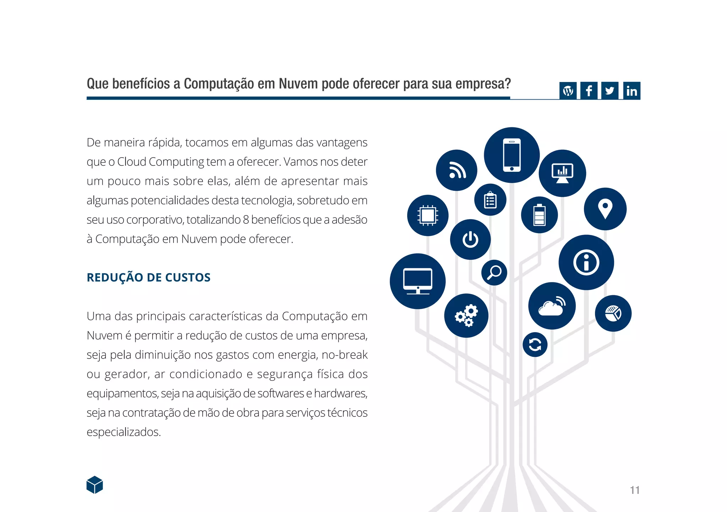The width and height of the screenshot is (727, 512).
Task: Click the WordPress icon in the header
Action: (x=568, y=91)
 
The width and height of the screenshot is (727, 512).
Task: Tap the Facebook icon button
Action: (x=589, y=91)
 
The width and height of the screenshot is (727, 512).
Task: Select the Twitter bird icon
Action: (x=610, y=91)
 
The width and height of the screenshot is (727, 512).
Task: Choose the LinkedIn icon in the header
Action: (x=632, y=91)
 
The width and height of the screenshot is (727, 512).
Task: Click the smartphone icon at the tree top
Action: (x=512, y=155)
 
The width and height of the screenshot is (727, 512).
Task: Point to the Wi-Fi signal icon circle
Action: (x=457, y=170)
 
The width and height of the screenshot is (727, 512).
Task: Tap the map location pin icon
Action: (x=605, y=209)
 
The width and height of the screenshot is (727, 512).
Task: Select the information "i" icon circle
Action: (x=586, y=263)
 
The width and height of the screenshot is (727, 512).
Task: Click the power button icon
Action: (x=470, y=240)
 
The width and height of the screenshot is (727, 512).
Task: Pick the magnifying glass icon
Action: (x=494, y=272)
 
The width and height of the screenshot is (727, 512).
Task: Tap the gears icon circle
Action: (x=466, y=315)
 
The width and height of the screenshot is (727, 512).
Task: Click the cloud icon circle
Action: (x=552, y=306)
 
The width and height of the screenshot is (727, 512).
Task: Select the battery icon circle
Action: (x=539, y=215)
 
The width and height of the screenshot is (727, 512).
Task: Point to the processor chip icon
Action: (x=428, y=215)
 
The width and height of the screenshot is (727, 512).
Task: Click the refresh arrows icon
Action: (x=535, y=345)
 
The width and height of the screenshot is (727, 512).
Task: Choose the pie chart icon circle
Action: (x=613, y=313)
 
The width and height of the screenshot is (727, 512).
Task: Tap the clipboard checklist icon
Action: (x=490, y=200)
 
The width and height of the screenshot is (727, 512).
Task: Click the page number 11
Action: (x=635, y=490)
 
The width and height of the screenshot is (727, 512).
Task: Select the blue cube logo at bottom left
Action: (x=95, y=485)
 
